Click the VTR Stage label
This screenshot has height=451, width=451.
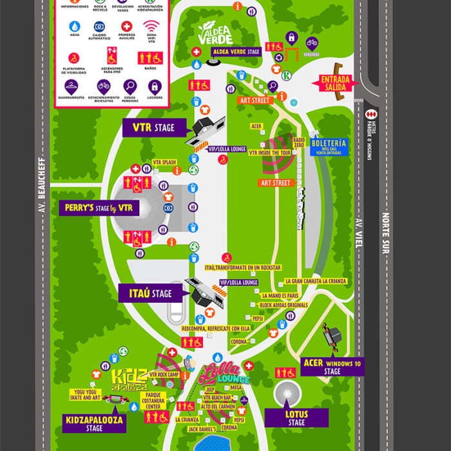[153, 128]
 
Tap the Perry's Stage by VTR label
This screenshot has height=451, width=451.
[99, 208]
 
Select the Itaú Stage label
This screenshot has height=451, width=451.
[150, 294]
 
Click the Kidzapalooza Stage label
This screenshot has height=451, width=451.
[93, 423]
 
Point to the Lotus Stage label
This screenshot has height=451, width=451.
[296, 417]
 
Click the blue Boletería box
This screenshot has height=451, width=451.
[329, 146]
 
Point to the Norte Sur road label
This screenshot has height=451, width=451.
[385, 233]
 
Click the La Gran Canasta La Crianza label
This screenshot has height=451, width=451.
[316, 282]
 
